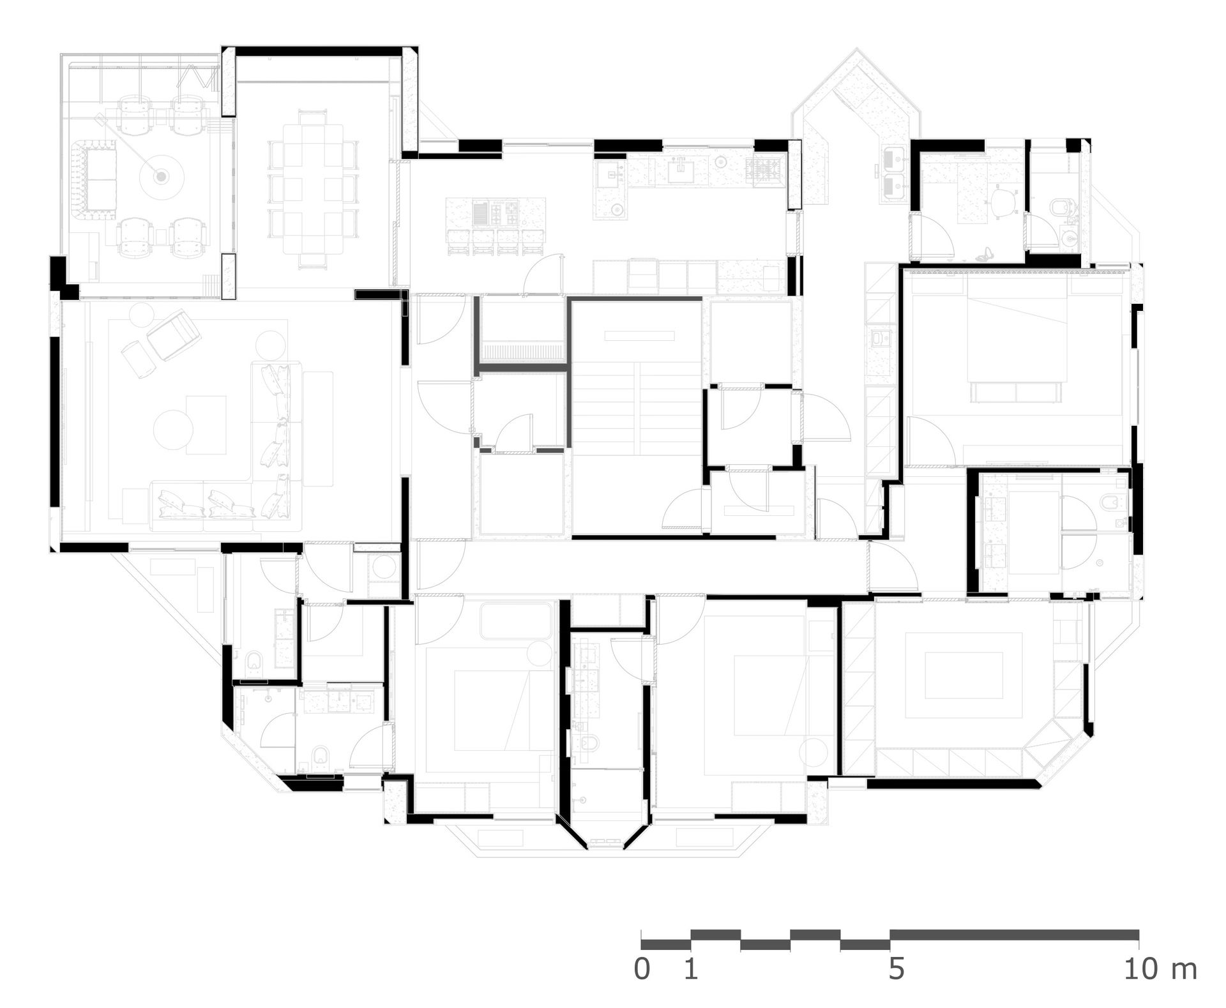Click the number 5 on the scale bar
click(x=896, y=969)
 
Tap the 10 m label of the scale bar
click(x=1160, y=969)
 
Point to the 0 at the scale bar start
click(x=642, y=969)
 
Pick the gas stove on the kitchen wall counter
click(x=764, y=169)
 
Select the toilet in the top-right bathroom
click(x=1060, y=207)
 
